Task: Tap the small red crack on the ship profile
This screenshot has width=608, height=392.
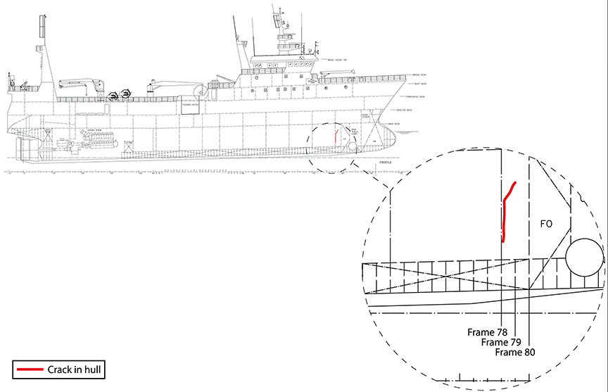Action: click(x=336, y=133)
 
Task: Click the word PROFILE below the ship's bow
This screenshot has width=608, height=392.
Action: click(x=385, y=162)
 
